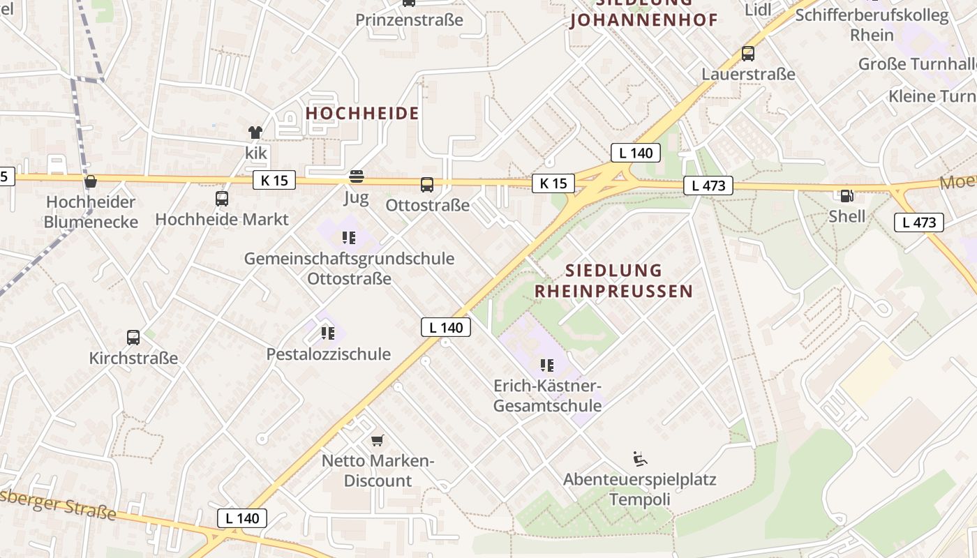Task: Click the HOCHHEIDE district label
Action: (x=362, y=113)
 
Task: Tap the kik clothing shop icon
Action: (x=255, y=132)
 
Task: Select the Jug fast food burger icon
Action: (x=357, y=176)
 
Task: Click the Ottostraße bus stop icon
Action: (x=427, y=185)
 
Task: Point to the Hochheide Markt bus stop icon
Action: (x=222, y=199)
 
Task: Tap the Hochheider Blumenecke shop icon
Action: (x=90, y=182)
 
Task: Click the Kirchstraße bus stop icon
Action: (x=133, y=338)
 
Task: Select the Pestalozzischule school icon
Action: (x=328, y=333)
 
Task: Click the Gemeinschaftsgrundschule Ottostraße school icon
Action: (x=349, y=238)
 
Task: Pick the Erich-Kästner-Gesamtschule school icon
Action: (x=547, y=365)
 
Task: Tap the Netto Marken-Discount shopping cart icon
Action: (x=378, y=440)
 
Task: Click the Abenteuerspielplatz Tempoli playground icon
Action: (x=639, y=458)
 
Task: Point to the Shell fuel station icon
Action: (x=847, y=196)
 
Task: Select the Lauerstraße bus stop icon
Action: (x=748, y=53)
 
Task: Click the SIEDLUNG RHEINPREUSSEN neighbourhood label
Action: (x=613, y=280)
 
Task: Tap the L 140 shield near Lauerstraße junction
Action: (x=635, y=153)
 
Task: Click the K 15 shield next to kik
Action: (x=274, y=181)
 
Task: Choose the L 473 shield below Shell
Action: (x=918, y=223)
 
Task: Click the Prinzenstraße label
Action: (x=409, y=20)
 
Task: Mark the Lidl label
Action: (x=758, y=10)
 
